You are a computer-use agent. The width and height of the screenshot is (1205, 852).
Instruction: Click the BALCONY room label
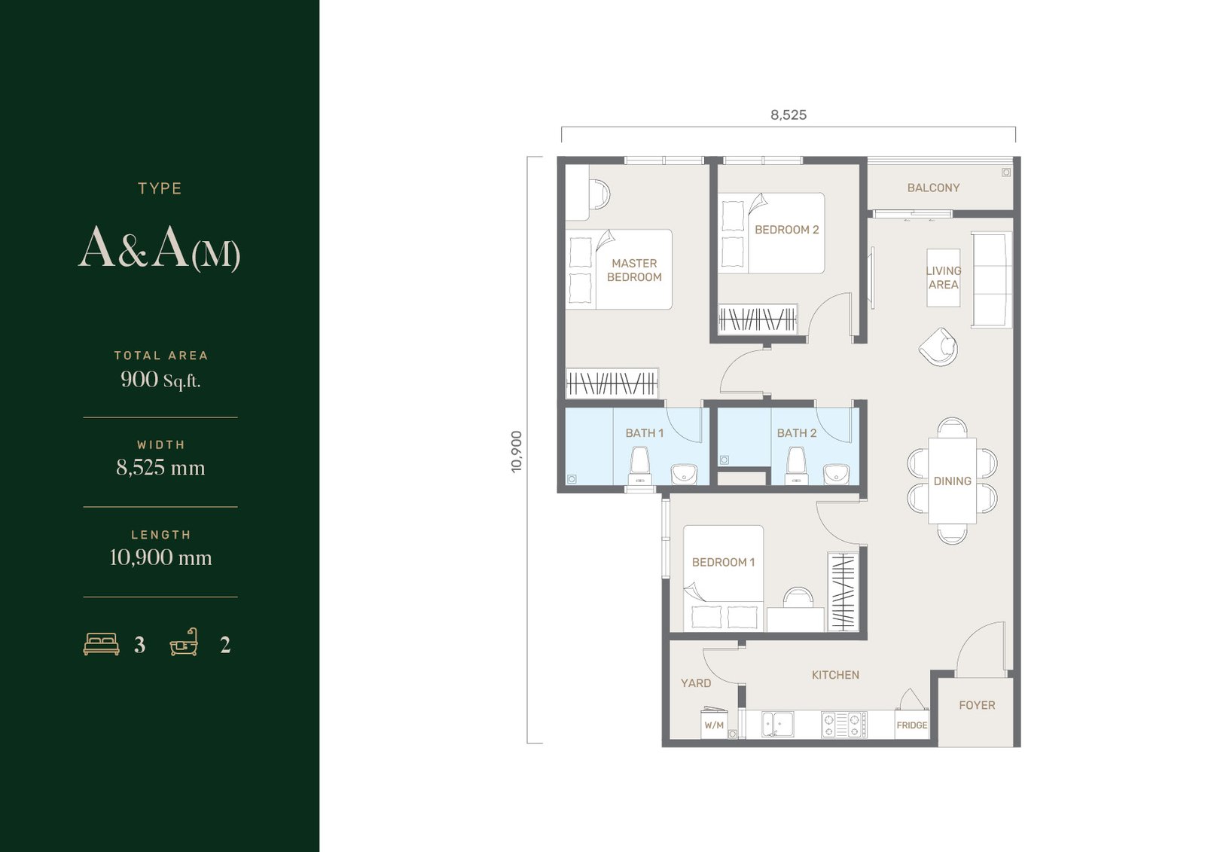(x=933, y=188)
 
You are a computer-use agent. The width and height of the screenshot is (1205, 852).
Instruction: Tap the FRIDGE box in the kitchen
(x=912, y=725)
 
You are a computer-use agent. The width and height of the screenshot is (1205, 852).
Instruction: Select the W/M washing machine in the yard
(x=714, y=723)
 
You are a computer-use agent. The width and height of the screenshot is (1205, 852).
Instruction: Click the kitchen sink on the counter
(x=777, y=724)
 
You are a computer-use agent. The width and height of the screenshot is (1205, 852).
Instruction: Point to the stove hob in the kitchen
(x=844, y=725)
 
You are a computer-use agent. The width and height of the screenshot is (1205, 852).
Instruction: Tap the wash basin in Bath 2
(x=836, y=474)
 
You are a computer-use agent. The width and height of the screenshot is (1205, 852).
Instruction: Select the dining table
(x=952, y=481)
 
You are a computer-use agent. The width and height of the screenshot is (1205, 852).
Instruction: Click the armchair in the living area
(x=938, y=347)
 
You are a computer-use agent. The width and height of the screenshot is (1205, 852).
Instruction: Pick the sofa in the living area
(x=991, y=279)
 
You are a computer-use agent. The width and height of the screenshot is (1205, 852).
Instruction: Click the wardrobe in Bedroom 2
(x=758, y=319)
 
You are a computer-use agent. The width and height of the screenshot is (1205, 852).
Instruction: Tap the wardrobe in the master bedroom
(x=612, y=383)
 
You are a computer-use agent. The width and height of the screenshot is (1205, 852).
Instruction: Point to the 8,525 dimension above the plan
(x=789, y=115)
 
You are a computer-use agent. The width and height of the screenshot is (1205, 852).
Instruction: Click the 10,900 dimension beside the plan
(x=517, y=451)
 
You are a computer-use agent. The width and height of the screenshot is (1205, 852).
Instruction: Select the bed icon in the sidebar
(x=101, y=644)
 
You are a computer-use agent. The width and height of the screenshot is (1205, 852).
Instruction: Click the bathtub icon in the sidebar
(x=184, y=642)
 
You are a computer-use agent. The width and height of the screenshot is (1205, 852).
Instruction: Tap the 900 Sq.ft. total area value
(x=160, y=380)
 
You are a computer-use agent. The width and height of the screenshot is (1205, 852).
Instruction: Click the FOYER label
(x=977, y=705)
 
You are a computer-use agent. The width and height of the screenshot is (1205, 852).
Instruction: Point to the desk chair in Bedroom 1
(x=798, y=597)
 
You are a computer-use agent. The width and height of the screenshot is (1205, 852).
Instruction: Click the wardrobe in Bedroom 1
(x=843, y=591)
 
